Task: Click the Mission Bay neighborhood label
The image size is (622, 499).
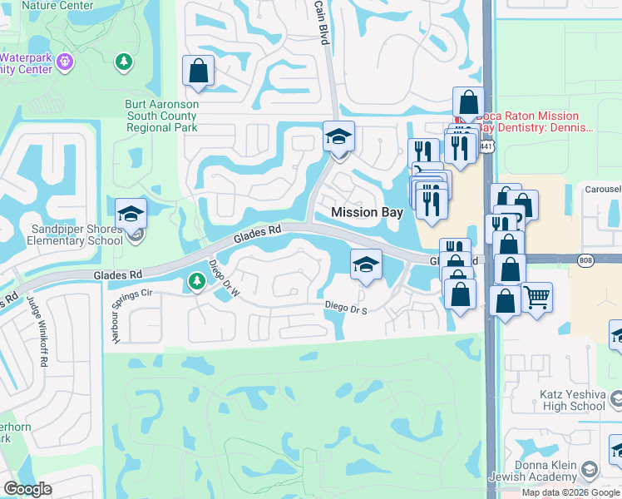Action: [367, 212]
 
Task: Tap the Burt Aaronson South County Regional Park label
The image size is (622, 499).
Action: [162, 116]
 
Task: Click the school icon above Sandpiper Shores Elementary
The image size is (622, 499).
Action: [131, 214]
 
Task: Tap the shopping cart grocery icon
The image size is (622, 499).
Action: [536, 295]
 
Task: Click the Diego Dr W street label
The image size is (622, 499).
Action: [223, 279]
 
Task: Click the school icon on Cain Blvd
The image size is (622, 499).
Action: [338, 136]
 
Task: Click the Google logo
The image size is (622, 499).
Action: [27, 489]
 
